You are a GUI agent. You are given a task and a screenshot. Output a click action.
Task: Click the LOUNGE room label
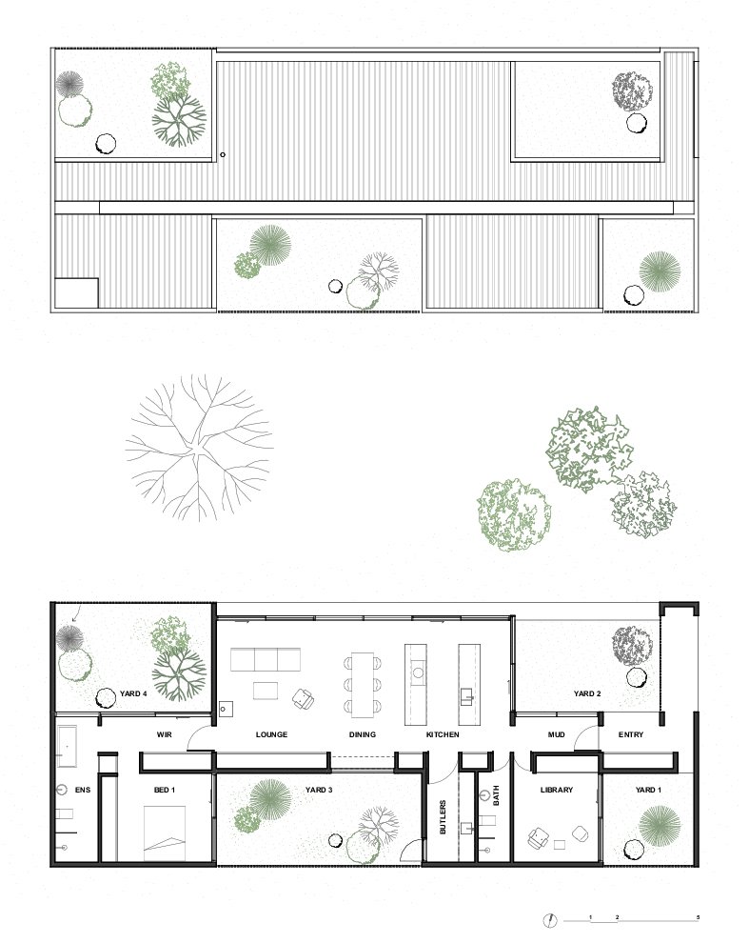click(x=271, y=734)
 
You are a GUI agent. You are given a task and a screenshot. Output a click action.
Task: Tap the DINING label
click(x=363, y=734)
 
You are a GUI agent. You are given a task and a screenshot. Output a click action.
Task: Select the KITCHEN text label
click(x=443, y=734)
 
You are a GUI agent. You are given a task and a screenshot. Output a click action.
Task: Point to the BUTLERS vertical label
click(x=443, y=816)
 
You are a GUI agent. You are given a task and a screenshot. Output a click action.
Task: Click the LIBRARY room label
click(x=557, y=790)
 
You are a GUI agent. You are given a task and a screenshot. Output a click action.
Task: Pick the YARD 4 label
click(x=133, y=693)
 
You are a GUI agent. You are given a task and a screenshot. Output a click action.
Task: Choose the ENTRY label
click(x=631, y=734)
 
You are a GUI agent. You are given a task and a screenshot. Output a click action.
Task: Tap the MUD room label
click(x=556, y=734)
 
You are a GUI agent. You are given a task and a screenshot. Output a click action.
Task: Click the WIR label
click(x=164, y=734)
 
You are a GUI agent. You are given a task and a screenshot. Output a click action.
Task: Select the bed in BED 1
click(x=164, y=833)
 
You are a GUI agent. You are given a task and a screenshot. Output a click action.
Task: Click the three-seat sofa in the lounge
click(x=266, y=659)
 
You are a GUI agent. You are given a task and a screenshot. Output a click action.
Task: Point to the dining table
click(x=363, y=685)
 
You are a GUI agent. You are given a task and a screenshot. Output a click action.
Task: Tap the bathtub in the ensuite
click(x=67, y=747)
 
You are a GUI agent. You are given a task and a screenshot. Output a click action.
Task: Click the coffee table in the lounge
click(x=266, y=691)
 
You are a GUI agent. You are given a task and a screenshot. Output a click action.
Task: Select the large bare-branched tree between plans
click(x=200, y=448)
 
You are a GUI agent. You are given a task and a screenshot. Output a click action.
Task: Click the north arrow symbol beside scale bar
click(x=550, y=919)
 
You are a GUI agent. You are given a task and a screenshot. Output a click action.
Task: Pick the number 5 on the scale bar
click(x=698, y=917)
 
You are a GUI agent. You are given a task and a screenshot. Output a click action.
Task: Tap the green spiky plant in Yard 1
click(x=660, y=825)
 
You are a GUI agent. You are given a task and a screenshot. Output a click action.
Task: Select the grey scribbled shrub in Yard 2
click(x=632, y=645)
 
